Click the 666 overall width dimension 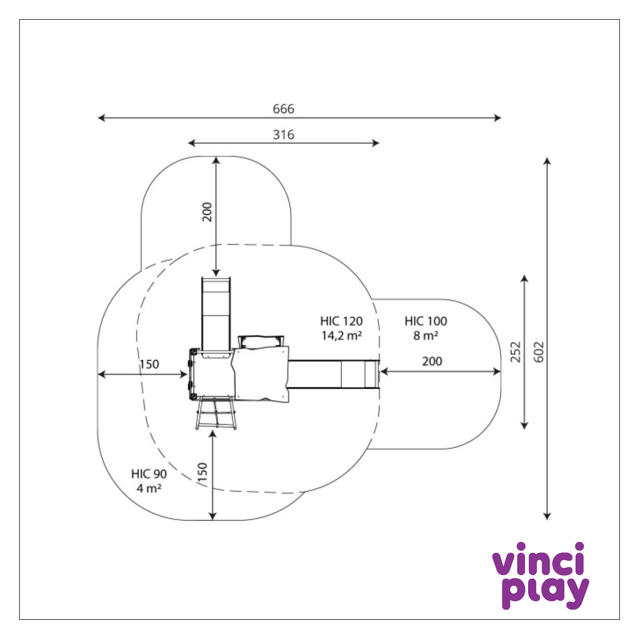coord(283,109)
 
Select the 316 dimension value coord(283,135)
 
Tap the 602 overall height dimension coord(539,352)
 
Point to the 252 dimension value coord(515,352)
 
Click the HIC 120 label coord(341,321)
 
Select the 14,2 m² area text coord(341,335)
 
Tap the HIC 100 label coord(425,321)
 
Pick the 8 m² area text coord(425,335)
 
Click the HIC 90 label coord(149,474)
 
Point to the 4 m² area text coord(149,488)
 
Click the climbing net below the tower coord(216,414)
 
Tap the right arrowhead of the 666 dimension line coord(498,118)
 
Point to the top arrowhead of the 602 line coord(547,161)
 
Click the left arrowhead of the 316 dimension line coord(192,143)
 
